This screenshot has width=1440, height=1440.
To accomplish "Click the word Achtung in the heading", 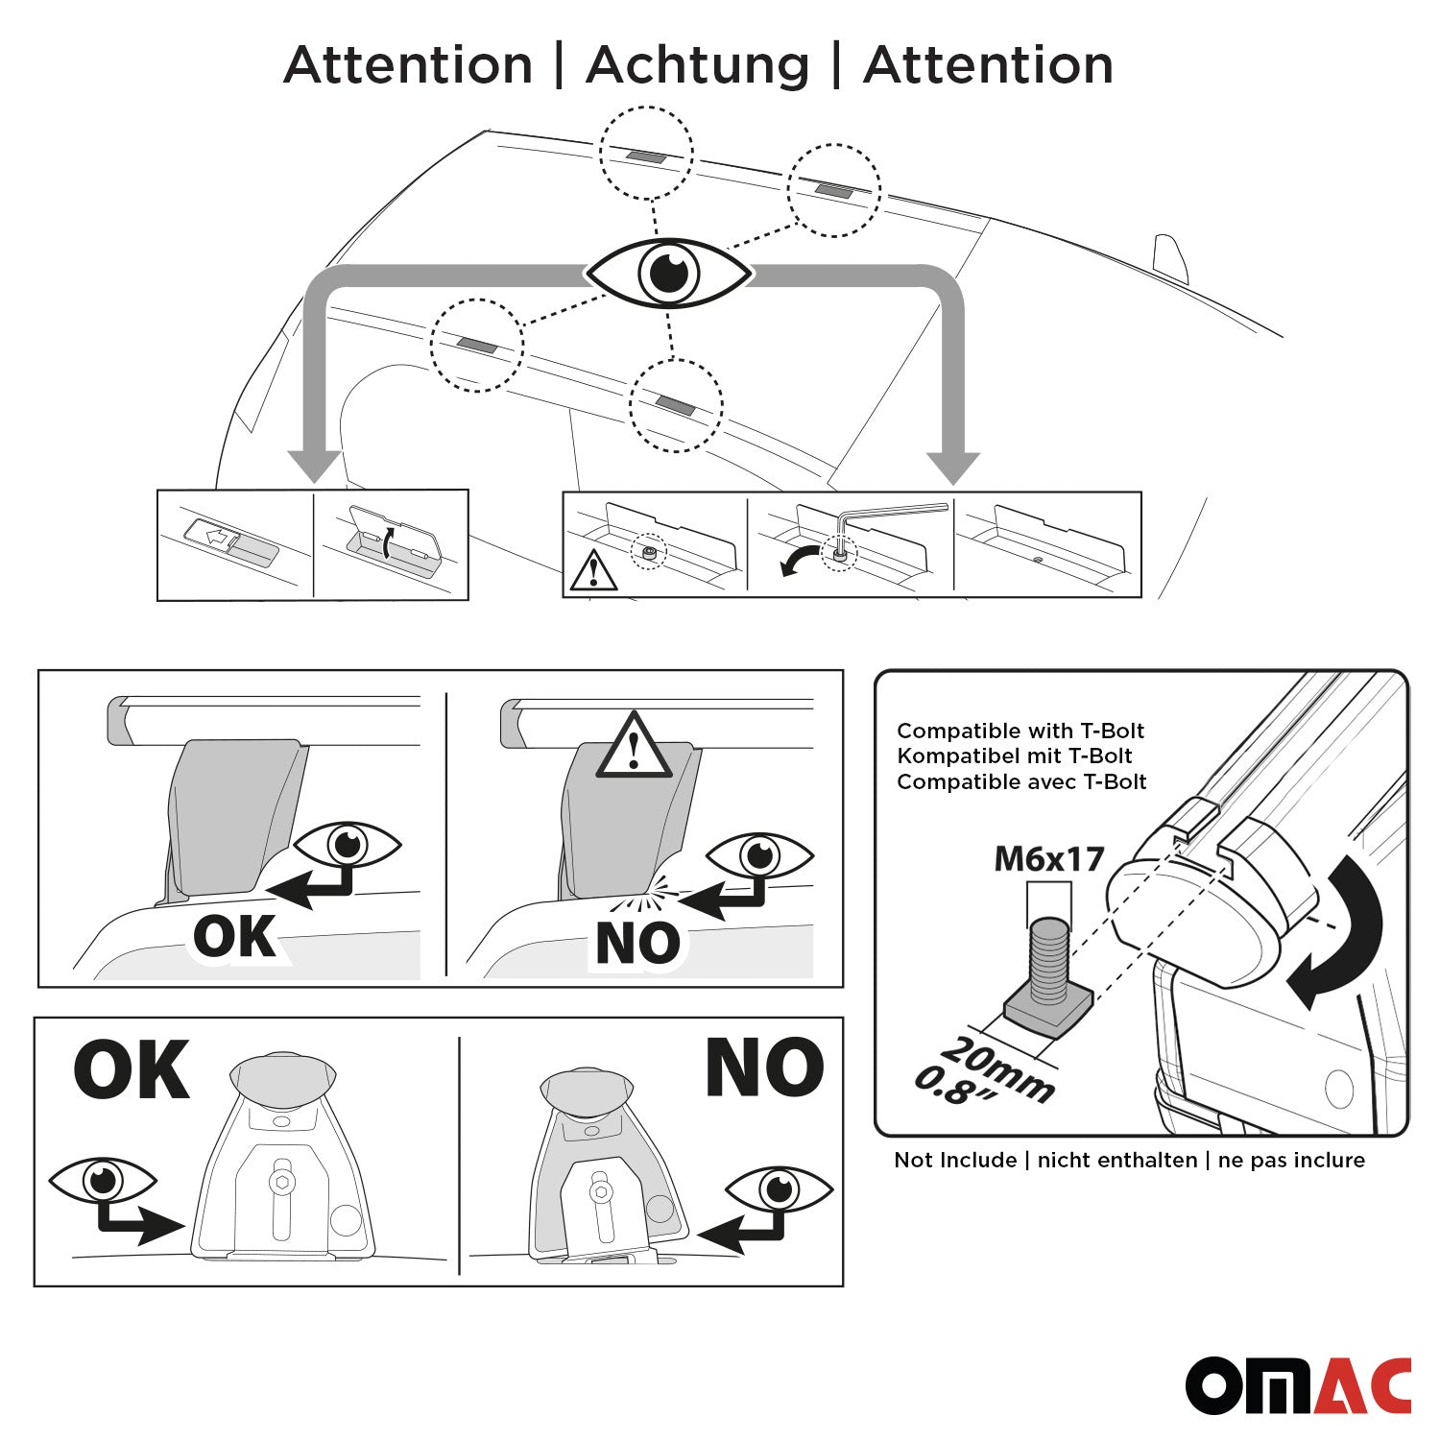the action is click(x=698, y=66).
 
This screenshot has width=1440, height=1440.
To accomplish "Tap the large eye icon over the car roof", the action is click(x=669, y=274).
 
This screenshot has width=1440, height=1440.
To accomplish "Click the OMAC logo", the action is click(x=1299, y=1385).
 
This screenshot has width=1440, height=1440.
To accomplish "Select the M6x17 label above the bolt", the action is click(x=1049, y=858).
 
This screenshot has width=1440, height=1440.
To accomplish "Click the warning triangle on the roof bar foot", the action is click(x=634, y=745).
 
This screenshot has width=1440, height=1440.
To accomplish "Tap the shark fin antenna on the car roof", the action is click(x=1171, y=258).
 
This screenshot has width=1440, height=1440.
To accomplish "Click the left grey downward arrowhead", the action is click(x=315, y=467).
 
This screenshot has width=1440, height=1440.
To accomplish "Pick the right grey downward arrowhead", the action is click(x=952, y=468).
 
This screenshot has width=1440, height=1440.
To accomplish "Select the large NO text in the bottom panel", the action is click(x=764, y=1068).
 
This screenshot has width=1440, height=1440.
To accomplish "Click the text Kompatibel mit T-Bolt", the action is click(x=1015, y=756).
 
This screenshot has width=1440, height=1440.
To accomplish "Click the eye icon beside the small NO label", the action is click(x=759, y=854).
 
